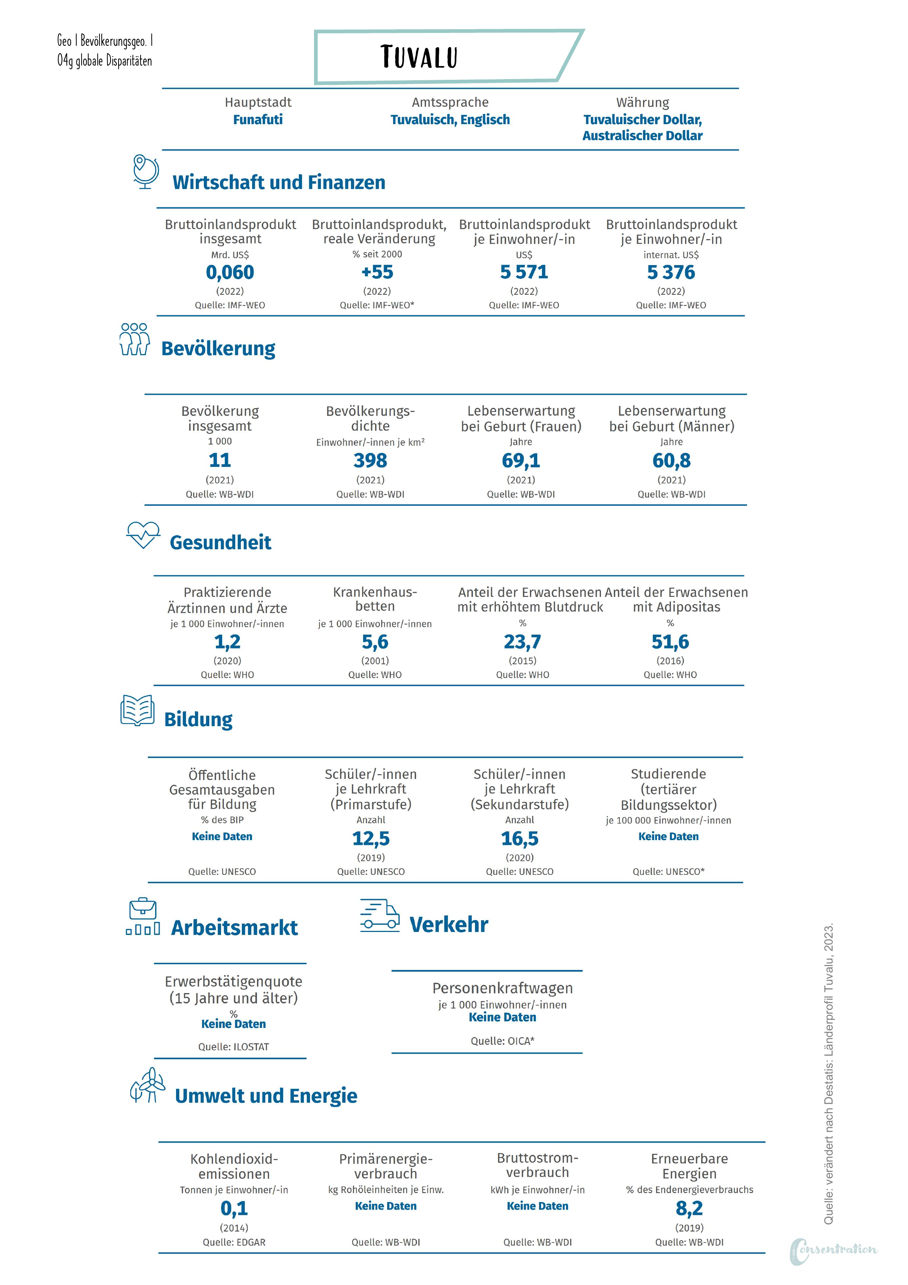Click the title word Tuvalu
[419, 57]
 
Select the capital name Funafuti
[258, 120]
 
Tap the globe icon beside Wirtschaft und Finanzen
[145, 171]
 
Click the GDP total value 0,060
[230, 272]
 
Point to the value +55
[377, 272]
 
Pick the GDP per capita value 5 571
[524, 272]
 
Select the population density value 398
[370, 461]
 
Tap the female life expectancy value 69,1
[521, 461]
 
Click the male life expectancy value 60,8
[671, 461]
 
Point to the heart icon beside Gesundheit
[143, 535]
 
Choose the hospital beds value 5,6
[375, 642]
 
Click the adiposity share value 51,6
[670, 642]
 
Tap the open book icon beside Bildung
[138, 711]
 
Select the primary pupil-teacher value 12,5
[371, 838]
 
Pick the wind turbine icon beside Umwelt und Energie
[148, 1086]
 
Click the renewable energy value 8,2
[689, 1208]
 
